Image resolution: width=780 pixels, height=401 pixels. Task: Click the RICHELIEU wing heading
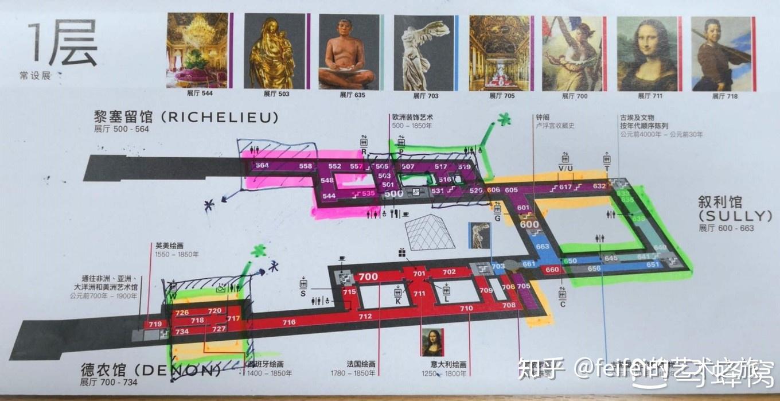[186, 118]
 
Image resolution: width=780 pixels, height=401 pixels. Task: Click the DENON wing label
[150, 369]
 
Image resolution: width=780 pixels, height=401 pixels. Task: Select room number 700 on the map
[368, 277]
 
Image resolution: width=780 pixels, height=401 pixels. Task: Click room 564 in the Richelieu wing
[262, 166]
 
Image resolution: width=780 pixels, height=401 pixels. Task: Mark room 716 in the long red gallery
[288, 322]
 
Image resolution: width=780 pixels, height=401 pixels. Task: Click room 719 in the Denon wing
[155, 324]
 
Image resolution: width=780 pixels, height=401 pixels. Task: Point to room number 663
[542, 247]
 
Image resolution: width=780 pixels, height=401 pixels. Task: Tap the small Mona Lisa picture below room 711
[433, 342]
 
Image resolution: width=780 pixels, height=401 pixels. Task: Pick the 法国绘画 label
[361, 364]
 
